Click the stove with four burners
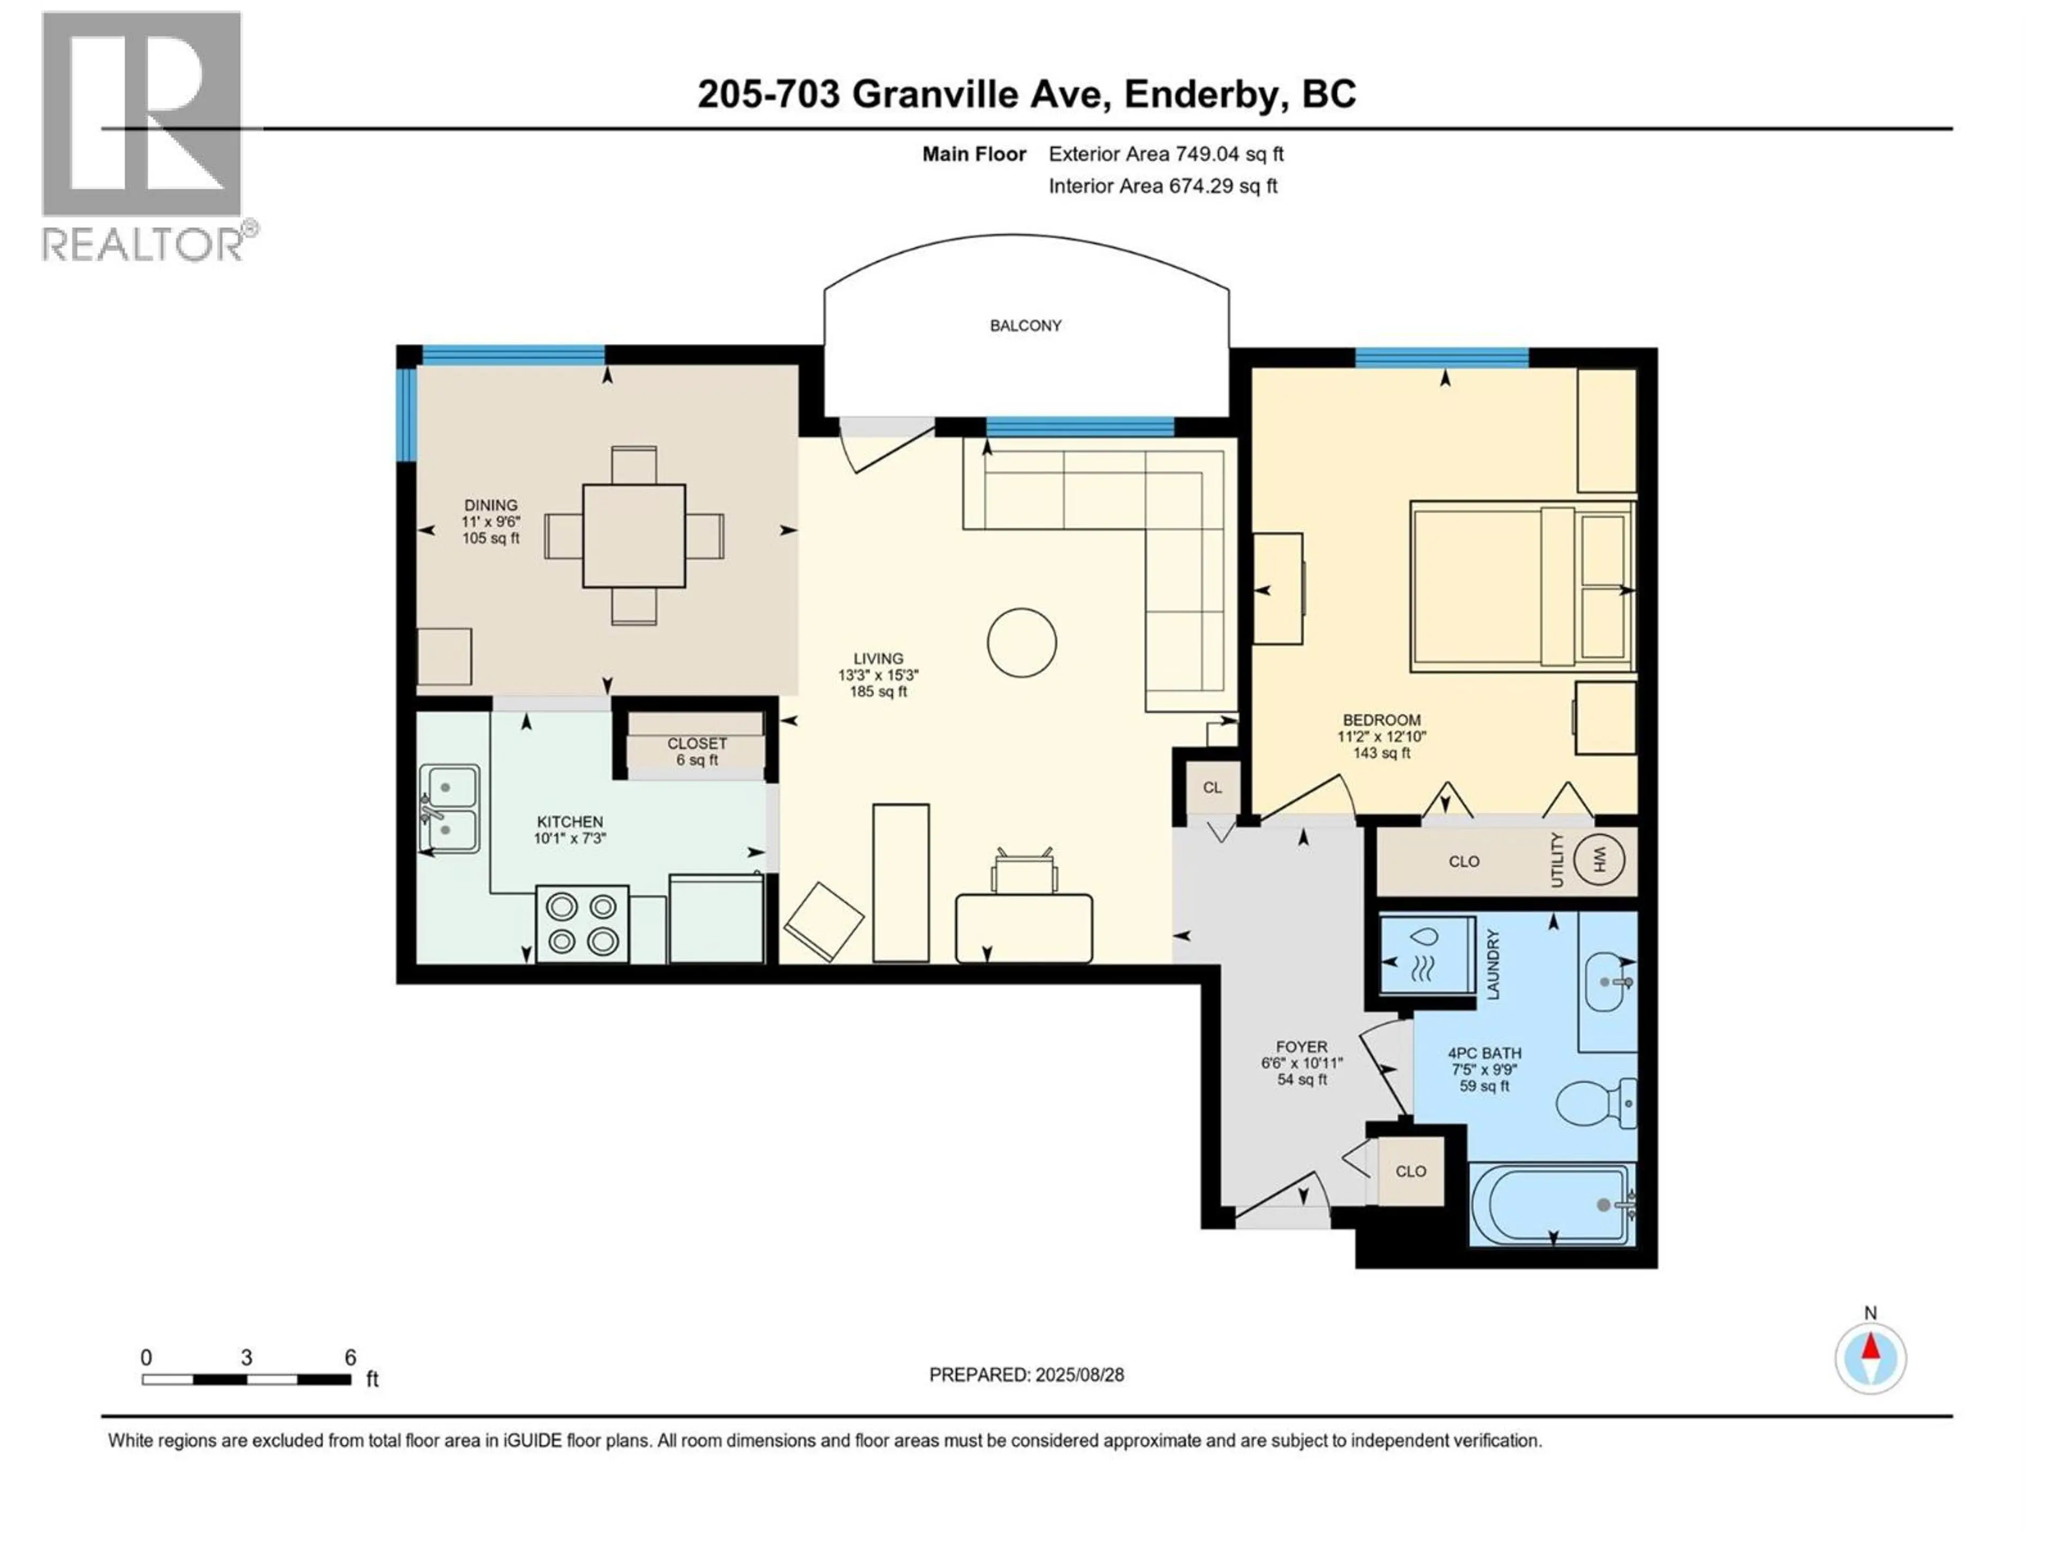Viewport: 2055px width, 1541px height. coord(582,924)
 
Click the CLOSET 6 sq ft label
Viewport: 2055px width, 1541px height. coord(697,751)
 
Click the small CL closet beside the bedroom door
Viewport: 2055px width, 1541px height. coord(1212,788)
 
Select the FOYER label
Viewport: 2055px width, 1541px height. coord(1301,1046)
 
